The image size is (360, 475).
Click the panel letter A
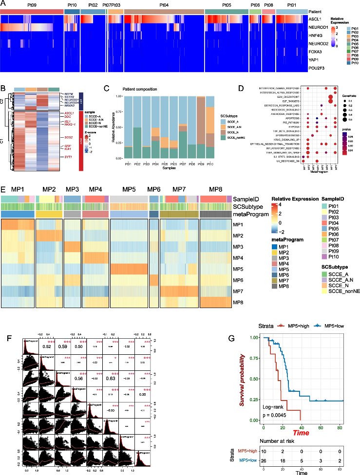point(3,4)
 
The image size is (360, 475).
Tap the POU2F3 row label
point(317,69)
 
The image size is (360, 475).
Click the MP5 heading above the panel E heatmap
point(129,190)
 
